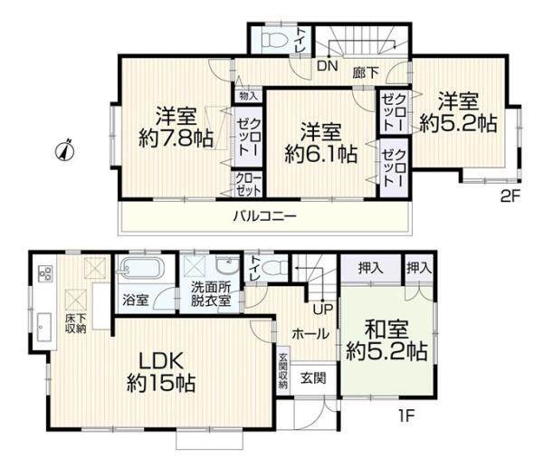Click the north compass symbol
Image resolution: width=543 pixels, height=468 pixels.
(x=65, y=150)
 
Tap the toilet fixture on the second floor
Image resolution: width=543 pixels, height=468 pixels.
(x=274, y=40)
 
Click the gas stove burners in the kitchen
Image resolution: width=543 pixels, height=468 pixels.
(x=46, y=273)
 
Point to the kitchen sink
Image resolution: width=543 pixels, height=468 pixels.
(x=44, y=327)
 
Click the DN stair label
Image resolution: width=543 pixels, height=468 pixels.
(x=328, y=66)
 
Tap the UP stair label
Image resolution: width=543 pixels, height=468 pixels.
(x=323, y=309)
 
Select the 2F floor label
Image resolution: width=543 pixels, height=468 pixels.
(x=510, y=196)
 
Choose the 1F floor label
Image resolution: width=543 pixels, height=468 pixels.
(x=406, y=415)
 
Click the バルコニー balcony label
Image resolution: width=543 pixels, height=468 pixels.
(x=265, y=217)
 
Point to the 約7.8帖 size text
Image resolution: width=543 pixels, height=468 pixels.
(x=176, y=138)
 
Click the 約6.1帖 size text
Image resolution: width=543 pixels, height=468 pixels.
(x=321, y=154)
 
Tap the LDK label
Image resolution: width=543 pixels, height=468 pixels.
(x=161, y=361)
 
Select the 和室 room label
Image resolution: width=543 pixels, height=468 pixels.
(x=386, y=330)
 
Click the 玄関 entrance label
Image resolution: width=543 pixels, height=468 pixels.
(x=313, y=378)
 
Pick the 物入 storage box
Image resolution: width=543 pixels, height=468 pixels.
(x=249, y=96)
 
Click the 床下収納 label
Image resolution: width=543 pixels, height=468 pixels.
(x=75, y=323)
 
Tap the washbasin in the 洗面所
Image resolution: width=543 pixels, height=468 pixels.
(x=227, y=265)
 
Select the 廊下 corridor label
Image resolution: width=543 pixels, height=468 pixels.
(x=366, y=72)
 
